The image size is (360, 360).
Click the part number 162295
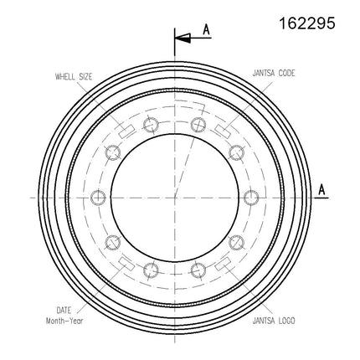(x=307, y=23)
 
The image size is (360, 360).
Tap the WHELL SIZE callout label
(x=74, y=76)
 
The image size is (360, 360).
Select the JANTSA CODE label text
(x=274, y=73)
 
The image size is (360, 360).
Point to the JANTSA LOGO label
(x=274, y=321)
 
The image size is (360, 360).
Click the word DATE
(x=64, y=310)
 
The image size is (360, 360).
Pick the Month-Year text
(x=64, y=321)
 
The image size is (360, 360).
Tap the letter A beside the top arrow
(x=206, y=30)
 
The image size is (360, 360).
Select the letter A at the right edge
(x=321, y=190)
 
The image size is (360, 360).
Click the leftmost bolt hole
(x=98, y=198)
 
